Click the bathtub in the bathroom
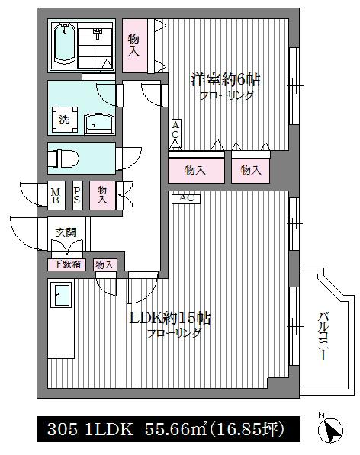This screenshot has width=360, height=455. (66, 45)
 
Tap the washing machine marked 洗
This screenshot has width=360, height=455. (65, 120)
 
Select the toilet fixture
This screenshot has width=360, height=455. (63, 159)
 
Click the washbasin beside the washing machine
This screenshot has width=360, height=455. (99, 124)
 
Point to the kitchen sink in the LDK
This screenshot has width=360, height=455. (61, 294)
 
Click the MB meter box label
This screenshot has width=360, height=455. (56, 196)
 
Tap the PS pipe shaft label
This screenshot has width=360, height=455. (77, 196)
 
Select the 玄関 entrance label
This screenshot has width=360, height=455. (66, 232)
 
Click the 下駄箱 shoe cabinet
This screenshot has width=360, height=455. (67, 264)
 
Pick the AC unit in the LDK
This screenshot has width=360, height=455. (186, 198)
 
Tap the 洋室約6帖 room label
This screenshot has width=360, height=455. (225, 80)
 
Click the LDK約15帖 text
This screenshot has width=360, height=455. (169, 319)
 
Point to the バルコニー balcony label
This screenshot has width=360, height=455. (324, 336)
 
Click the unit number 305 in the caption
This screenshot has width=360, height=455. (62, 429)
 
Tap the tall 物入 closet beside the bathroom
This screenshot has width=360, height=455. (135, 45)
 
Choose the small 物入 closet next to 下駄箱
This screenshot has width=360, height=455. (104, 264)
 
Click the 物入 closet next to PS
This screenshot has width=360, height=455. (102, 195)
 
